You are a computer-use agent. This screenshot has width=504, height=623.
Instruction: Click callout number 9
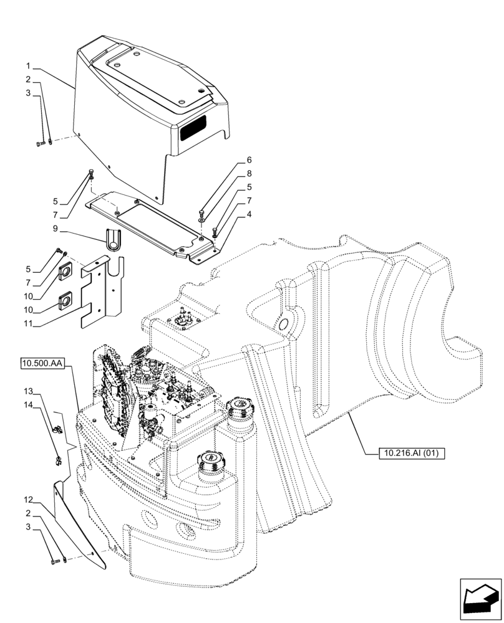pyautogui.click(x=56, y=229)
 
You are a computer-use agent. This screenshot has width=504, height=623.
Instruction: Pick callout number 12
pyautogui.click(x=29, y=500)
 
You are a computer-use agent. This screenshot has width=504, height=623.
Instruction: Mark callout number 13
pyautogui.click(x=29, y=391)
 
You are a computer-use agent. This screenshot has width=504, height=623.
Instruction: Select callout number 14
pyautogui.click(x=29, y=404)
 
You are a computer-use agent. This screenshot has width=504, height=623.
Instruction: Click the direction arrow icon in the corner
pyautogui.click(x=480, y=599)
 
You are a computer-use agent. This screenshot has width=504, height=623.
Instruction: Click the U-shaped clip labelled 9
pyautogui.click(x=113, y=240)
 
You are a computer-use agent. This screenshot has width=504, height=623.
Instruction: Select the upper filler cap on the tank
pyautogui.click(x=240, y=409)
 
